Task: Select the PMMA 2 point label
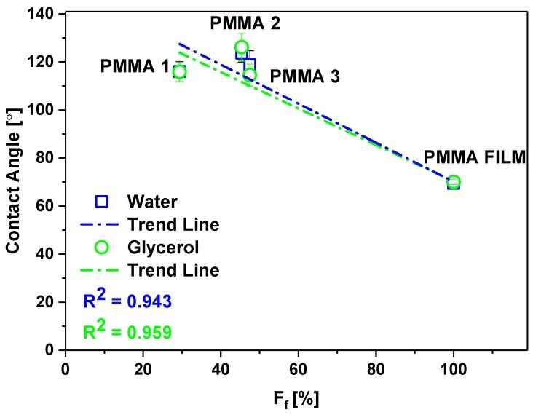coord(245,23)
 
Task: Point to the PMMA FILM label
coord(474,158)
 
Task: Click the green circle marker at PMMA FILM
coord(454,182)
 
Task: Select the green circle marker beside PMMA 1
coord(180,71)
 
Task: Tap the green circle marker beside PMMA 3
coord(250,75)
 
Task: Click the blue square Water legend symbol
coord(102,200)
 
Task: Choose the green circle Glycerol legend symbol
coord(102,248)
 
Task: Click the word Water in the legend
coord(151,200)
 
